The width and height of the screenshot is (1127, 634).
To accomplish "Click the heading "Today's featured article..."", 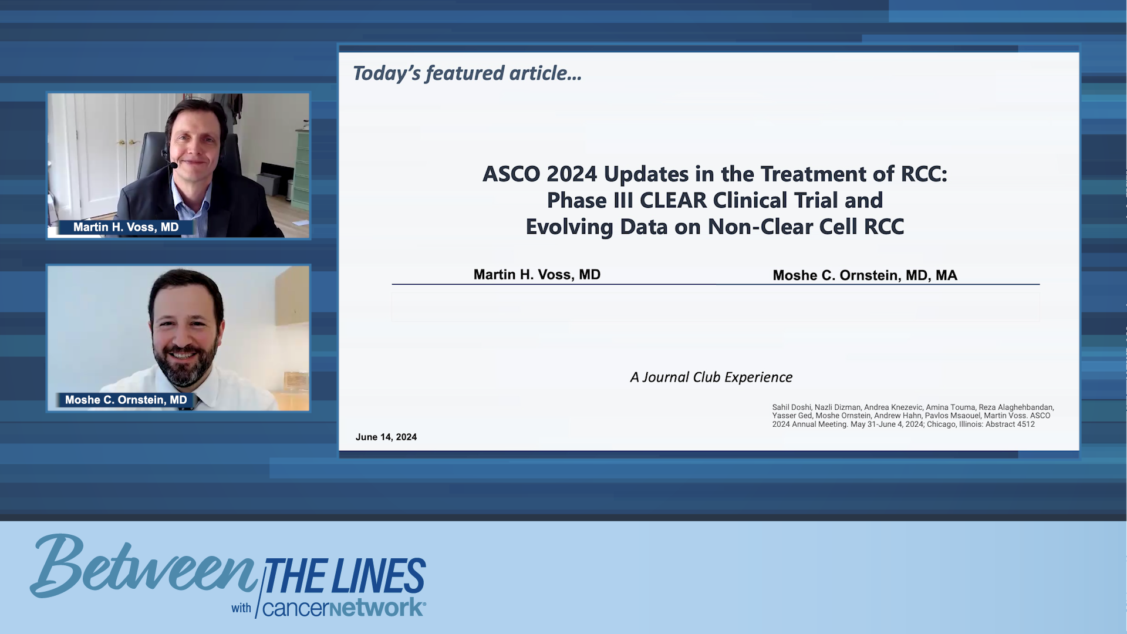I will (467, 73).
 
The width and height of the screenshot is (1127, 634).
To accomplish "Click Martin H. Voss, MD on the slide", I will (536, 275).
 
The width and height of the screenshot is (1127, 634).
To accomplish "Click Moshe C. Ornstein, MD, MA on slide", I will (864, 275).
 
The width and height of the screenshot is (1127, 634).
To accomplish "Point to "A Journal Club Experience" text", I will (711, 377).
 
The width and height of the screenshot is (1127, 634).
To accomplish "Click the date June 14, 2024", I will (386, 437).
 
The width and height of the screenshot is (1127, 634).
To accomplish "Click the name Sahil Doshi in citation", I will (791, 407).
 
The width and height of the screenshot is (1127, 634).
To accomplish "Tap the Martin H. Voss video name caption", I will (126, 227).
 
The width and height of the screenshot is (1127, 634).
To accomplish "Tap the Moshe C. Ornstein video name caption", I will (126, 400).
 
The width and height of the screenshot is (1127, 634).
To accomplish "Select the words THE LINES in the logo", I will (345, 576).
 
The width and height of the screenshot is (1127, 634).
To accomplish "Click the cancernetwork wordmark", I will (343, 608).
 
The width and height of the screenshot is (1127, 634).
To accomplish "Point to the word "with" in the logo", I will (241, 609).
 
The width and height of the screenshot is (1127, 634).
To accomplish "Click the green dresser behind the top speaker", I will (302, 170).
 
